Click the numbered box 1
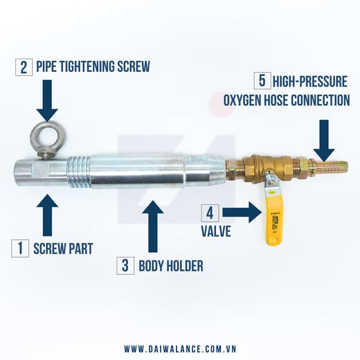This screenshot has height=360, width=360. (x=21, y=247)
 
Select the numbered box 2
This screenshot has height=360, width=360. (x=26, y=67)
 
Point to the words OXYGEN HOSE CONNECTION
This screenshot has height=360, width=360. (x=286, y=100)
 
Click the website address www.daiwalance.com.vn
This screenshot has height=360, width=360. (x=180, y=348)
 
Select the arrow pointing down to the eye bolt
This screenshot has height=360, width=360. (x=46, y=101)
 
